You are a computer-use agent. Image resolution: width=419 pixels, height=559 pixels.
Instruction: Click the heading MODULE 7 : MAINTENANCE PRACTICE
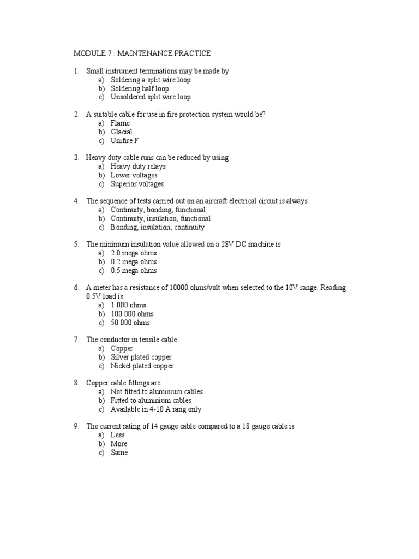[142, 53]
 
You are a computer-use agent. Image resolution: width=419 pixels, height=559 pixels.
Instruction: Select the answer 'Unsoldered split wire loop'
[151, 97]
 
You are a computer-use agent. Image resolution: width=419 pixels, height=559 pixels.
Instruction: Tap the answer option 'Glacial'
[121, 132]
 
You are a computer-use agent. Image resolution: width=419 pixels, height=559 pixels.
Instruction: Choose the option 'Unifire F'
[124, 141]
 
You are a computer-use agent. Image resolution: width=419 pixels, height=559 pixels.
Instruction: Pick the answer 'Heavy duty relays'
[138, 166]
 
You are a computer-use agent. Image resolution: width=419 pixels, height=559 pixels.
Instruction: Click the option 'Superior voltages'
[137, 184]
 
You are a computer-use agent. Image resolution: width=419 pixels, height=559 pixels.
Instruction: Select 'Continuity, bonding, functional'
[158, 210]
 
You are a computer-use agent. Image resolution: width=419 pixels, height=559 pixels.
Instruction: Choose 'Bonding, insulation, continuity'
[157, 227]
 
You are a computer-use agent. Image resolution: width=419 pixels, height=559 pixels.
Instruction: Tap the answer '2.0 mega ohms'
[133, 253]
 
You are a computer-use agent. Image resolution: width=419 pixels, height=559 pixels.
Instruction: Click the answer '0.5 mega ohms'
[133, 271]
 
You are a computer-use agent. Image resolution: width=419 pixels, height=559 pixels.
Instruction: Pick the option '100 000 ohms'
[132, 314]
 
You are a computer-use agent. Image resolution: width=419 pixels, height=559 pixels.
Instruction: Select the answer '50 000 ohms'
[130, 323]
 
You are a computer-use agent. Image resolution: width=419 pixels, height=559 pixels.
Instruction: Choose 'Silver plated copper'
[141, 357]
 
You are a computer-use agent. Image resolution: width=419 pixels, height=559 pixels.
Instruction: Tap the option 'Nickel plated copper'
[142, 366]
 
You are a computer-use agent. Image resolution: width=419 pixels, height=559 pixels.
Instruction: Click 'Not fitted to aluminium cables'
[157, 392]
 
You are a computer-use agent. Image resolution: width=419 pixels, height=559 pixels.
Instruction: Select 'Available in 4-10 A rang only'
[156, 409]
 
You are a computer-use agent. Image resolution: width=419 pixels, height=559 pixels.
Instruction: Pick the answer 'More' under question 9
[119, 444]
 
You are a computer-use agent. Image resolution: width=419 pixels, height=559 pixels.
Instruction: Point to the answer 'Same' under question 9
[119, 453]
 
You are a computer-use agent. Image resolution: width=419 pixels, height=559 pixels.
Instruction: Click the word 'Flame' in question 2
[120, 123]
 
